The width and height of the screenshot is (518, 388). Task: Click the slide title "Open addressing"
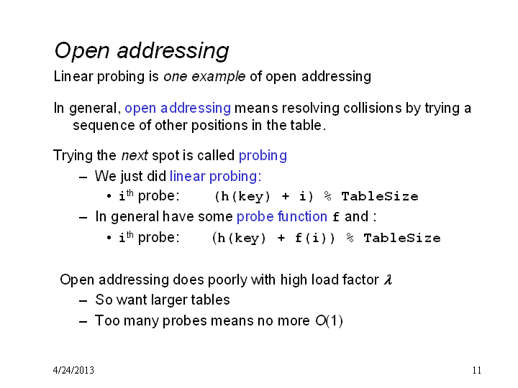[142, 51]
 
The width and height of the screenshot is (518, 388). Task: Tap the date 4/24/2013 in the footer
[73, 370]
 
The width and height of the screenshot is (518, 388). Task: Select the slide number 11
[477, 370]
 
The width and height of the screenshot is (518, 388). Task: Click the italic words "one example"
[204, 77]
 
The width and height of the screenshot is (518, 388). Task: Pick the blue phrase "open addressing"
[178, 108]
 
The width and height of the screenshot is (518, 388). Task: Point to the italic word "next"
[135, 155]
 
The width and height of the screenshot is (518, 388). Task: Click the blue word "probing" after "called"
[263, 156]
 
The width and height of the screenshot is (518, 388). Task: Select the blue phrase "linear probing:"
[215, 176]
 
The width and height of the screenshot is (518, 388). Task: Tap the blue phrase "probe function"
[282, 216]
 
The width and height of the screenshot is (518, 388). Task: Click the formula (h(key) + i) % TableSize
[317, 197]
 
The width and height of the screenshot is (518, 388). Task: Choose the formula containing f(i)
[326, 238]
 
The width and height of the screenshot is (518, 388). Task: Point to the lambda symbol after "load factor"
[388, 280]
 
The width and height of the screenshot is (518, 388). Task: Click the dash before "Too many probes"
[83, 321]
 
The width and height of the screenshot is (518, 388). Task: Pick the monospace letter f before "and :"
[336, 217]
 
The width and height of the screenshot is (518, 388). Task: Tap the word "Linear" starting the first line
[73, 77]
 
